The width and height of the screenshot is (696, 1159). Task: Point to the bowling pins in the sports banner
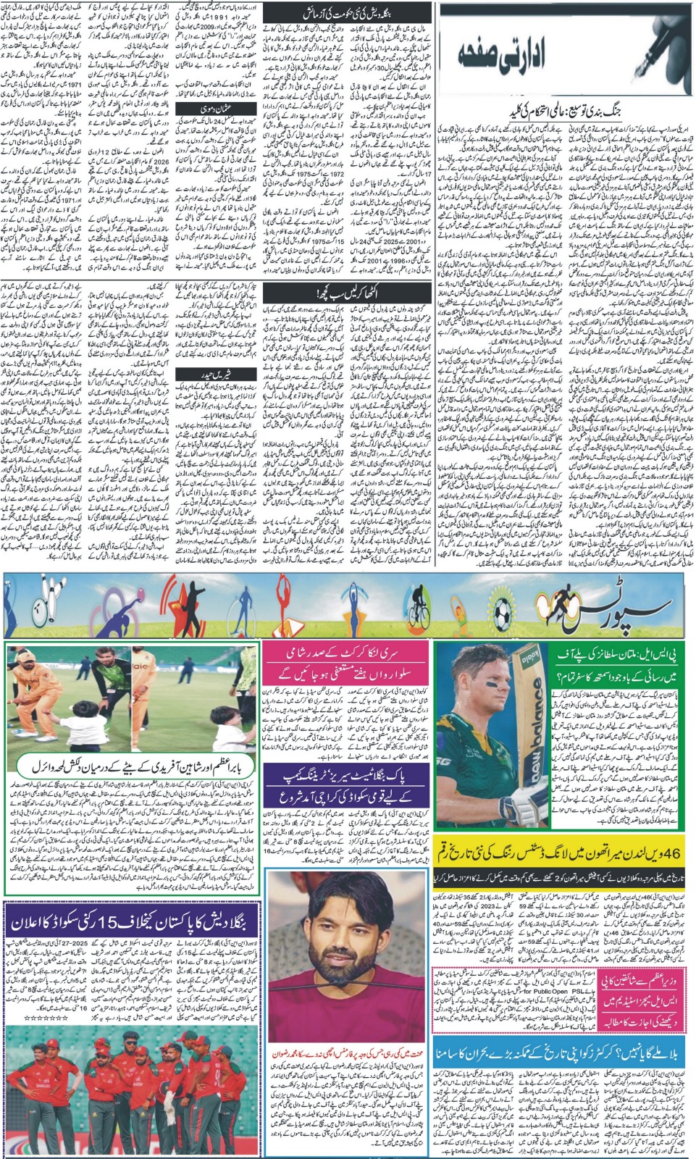(45, 594)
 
